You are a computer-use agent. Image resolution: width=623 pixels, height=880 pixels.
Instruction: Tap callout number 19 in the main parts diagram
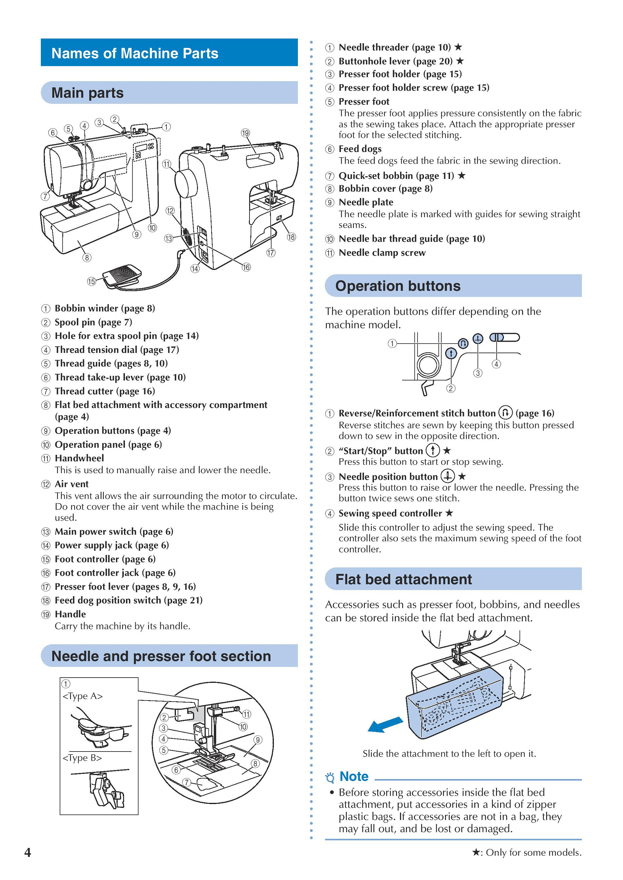pos(245,133)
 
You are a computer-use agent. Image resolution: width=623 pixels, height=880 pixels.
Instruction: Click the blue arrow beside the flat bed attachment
pos(385,724)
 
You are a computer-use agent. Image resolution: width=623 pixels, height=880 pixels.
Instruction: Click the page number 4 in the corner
pos(28,852)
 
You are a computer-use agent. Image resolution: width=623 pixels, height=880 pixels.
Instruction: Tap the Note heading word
pos(354,776)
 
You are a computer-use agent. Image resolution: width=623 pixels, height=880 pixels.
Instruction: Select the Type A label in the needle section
pos(82,696)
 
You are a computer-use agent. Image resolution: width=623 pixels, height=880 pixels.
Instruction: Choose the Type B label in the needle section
pos(82,758)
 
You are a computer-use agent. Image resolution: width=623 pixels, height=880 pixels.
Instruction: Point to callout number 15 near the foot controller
pos(91,281)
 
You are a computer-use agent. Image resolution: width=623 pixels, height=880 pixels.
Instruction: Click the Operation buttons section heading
pos(398,286)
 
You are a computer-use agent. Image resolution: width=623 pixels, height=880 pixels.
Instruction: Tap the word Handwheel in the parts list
pos(79,458)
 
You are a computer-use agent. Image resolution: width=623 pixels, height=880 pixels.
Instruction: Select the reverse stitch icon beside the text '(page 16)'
pos(505,412)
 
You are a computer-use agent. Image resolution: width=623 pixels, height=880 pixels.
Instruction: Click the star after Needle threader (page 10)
pos(458,47)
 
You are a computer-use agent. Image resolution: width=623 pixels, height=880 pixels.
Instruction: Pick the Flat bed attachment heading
pos(404,579)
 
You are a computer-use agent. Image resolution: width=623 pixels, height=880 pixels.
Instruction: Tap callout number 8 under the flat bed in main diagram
pos(87,258)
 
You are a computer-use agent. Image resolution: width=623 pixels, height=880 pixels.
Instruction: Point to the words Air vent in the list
pos(72,484)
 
